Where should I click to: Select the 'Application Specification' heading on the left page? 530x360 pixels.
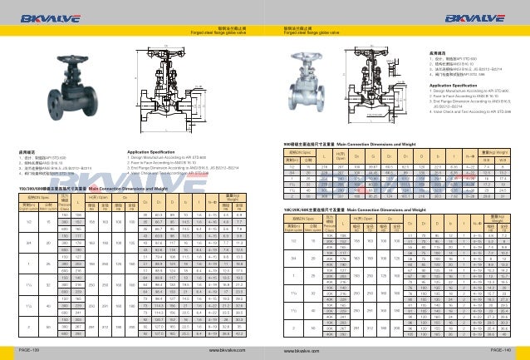157,151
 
